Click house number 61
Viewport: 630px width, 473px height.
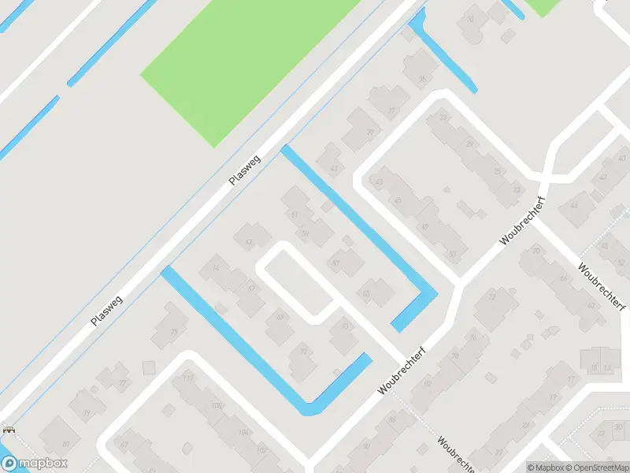(295, 214)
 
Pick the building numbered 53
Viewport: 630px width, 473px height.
(249, 242)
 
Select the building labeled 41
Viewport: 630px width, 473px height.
(334, 168)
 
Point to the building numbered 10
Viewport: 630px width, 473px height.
(471, 20)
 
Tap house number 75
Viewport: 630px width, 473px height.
(174, 331)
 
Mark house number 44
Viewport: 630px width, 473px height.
(573, 206)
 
